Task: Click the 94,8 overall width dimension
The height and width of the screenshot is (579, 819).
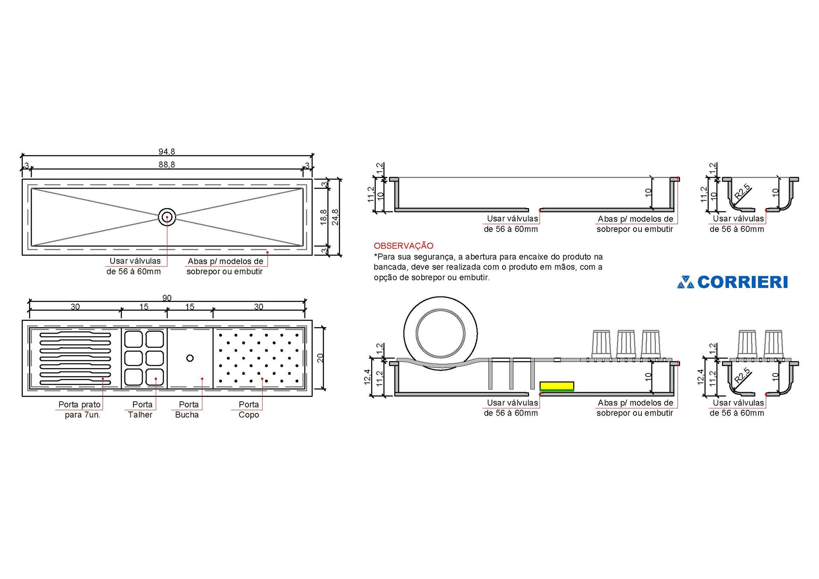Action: [167, 152]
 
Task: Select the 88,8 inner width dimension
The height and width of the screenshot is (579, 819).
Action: [167, 165]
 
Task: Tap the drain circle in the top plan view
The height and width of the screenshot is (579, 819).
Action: [167, 217]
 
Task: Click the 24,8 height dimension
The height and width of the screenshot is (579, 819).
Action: [335, 217]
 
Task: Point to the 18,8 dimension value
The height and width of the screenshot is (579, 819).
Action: [324, 217]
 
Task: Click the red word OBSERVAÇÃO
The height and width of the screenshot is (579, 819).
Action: [404, 245]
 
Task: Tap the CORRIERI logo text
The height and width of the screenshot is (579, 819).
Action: [742, 282]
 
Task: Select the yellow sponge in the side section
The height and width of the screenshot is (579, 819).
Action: [557, 387]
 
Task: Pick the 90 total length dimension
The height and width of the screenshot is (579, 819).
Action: [167, 298]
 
